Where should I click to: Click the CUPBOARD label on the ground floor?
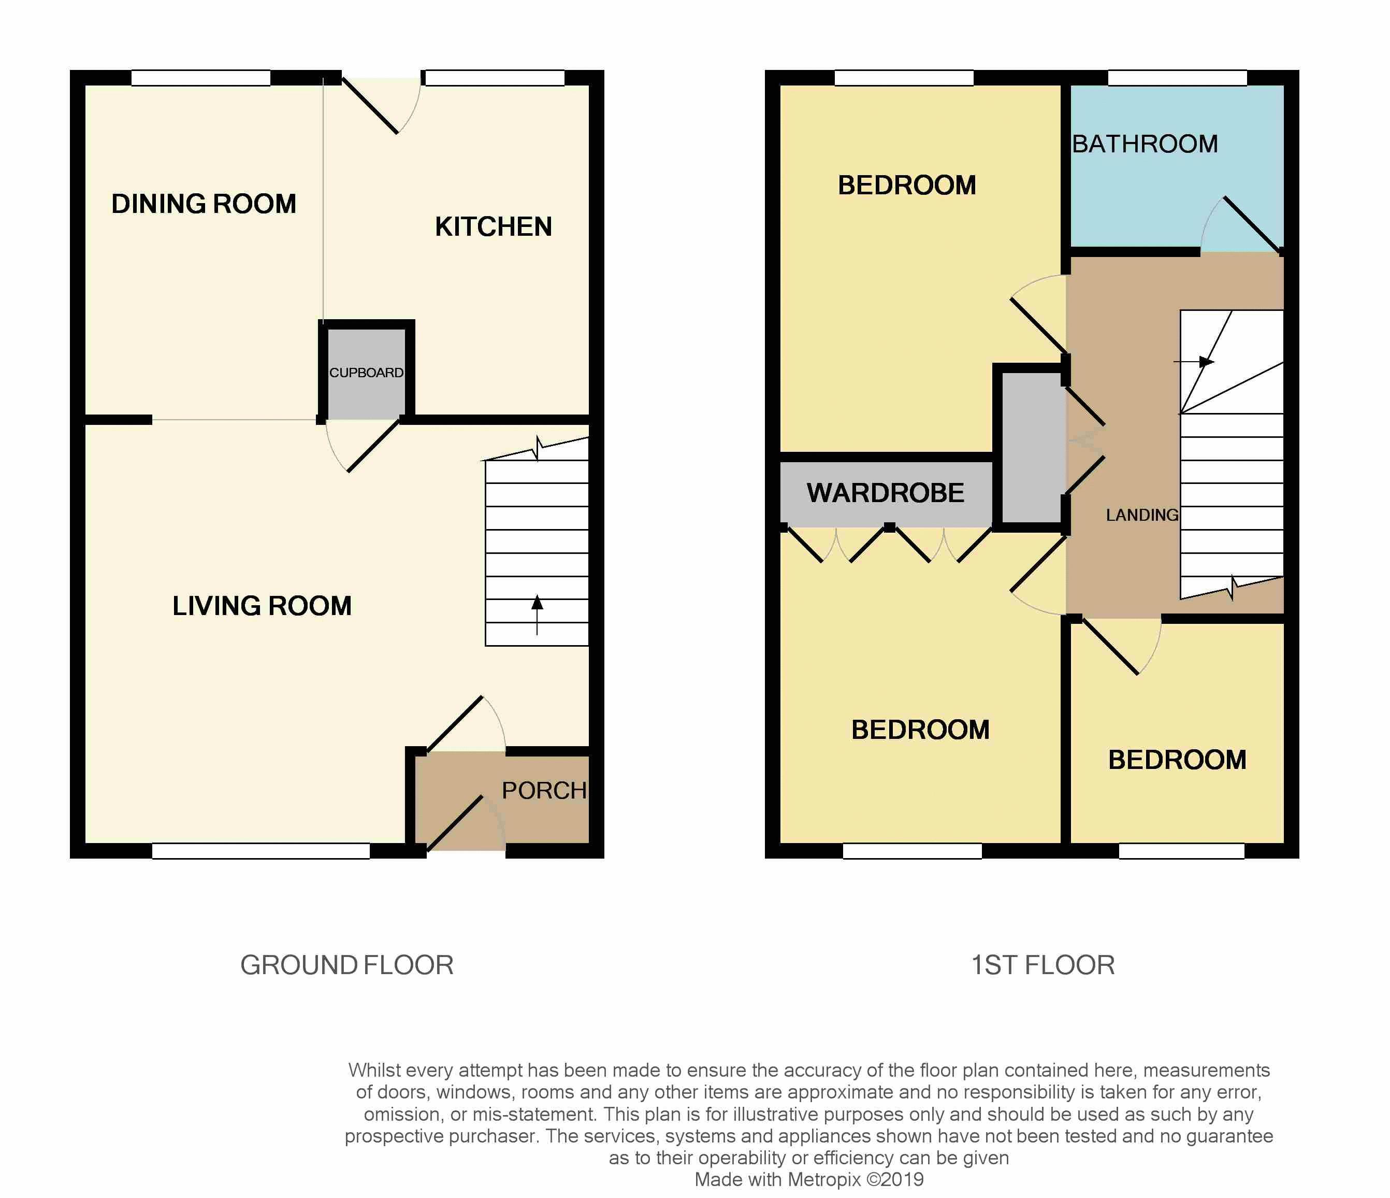point(366,373)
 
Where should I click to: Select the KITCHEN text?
point(493,227)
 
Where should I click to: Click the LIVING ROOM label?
point(262,606)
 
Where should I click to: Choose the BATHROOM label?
point(1145,144)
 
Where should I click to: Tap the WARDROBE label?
point(885,493)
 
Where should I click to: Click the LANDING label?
point(1142,515)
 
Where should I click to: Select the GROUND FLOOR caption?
point(347,965)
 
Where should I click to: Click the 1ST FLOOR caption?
point(1042,965)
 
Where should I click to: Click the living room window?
point(260,851)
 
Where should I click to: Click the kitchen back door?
point(370,105)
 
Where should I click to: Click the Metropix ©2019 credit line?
point(808,1179)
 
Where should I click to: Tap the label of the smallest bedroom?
point(1177,760)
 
